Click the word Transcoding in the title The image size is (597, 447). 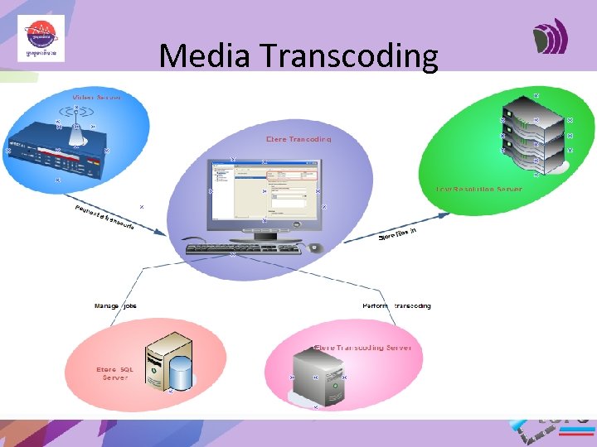click(x=348, y=56)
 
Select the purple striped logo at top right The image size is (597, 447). click(x=551, y=38)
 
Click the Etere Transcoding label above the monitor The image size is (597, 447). click(x=299, y=139)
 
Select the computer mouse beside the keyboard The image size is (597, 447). click(x=313, y=247)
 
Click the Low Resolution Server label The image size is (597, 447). click(x=479, y=189)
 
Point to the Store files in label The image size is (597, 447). click(x=397, y=234)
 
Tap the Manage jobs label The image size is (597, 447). click(x=115, y=306)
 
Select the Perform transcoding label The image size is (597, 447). click(x=396, y=306)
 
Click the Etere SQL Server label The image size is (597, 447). click(x=114, y=373)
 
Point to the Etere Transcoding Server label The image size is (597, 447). click(x=362, y=348)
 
